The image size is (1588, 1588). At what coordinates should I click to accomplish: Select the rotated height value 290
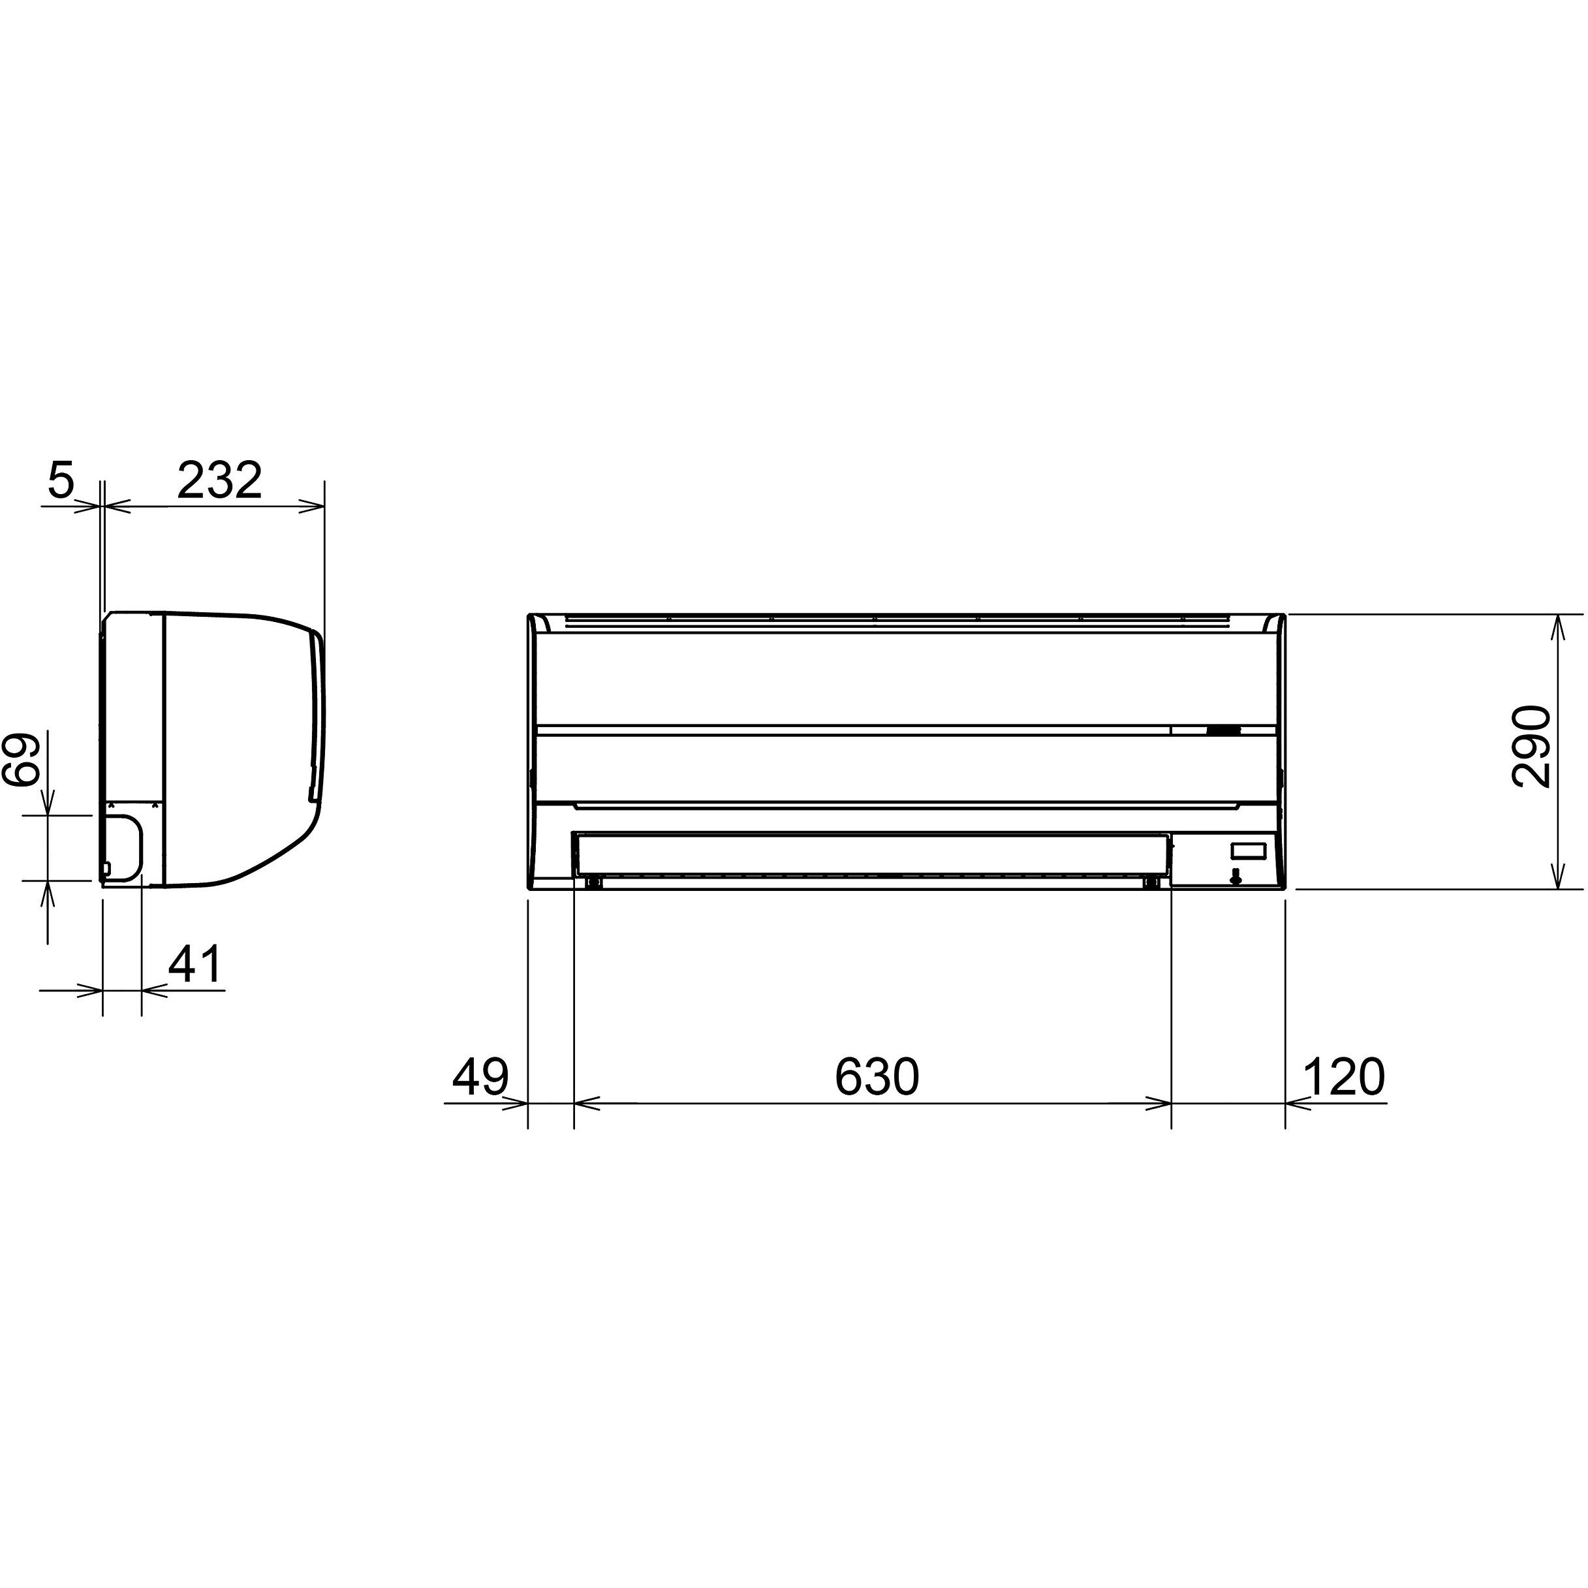click(1531, 746)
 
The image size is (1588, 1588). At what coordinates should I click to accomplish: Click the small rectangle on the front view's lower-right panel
click(1246, 850)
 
